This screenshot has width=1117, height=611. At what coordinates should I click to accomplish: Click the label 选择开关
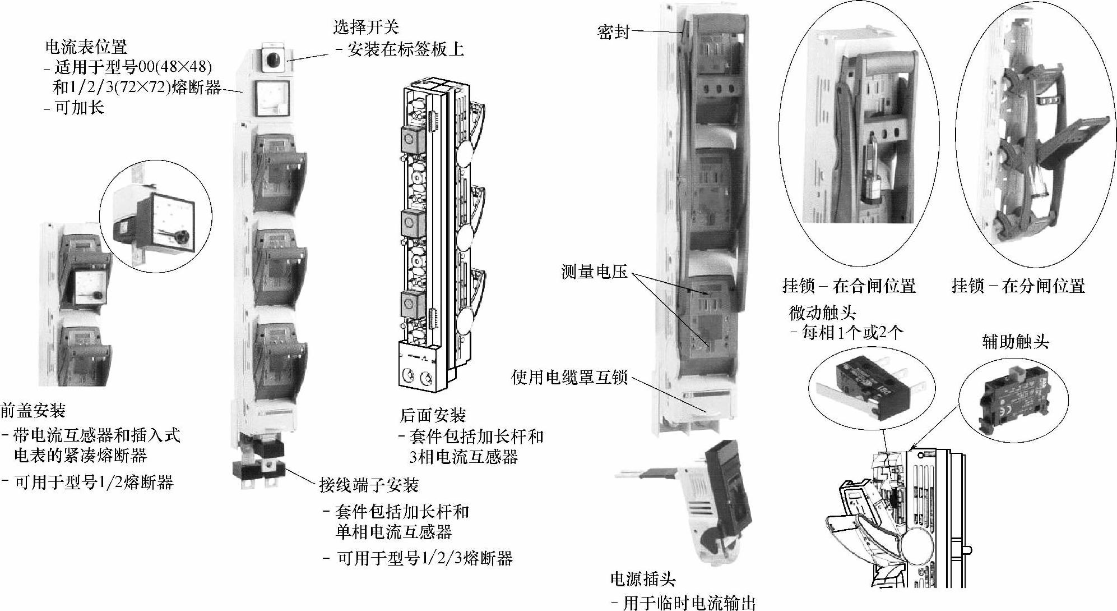pos(365,27)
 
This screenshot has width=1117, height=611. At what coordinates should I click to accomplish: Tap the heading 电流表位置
pos(86,47)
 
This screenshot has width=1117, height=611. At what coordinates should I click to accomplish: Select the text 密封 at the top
pos(613,32)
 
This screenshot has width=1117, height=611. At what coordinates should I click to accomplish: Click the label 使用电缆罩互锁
pos(569,378)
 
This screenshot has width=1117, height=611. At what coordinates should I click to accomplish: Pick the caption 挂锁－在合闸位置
pos(849,286)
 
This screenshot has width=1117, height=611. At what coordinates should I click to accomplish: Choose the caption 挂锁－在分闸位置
pos(1018,286)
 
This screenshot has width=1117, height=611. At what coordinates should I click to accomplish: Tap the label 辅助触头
pos(1015,342)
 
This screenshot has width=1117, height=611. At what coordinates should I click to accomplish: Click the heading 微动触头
pos(822,313)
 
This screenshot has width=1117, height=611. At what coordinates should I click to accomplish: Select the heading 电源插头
pos(643,579)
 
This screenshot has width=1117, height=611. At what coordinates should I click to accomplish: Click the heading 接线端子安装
pos(369,484)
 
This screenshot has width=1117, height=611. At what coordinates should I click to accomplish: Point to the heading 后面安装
pos(433,416)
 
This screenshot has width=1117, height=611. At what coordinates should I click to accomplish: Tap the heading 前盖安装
pos(33,411)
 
